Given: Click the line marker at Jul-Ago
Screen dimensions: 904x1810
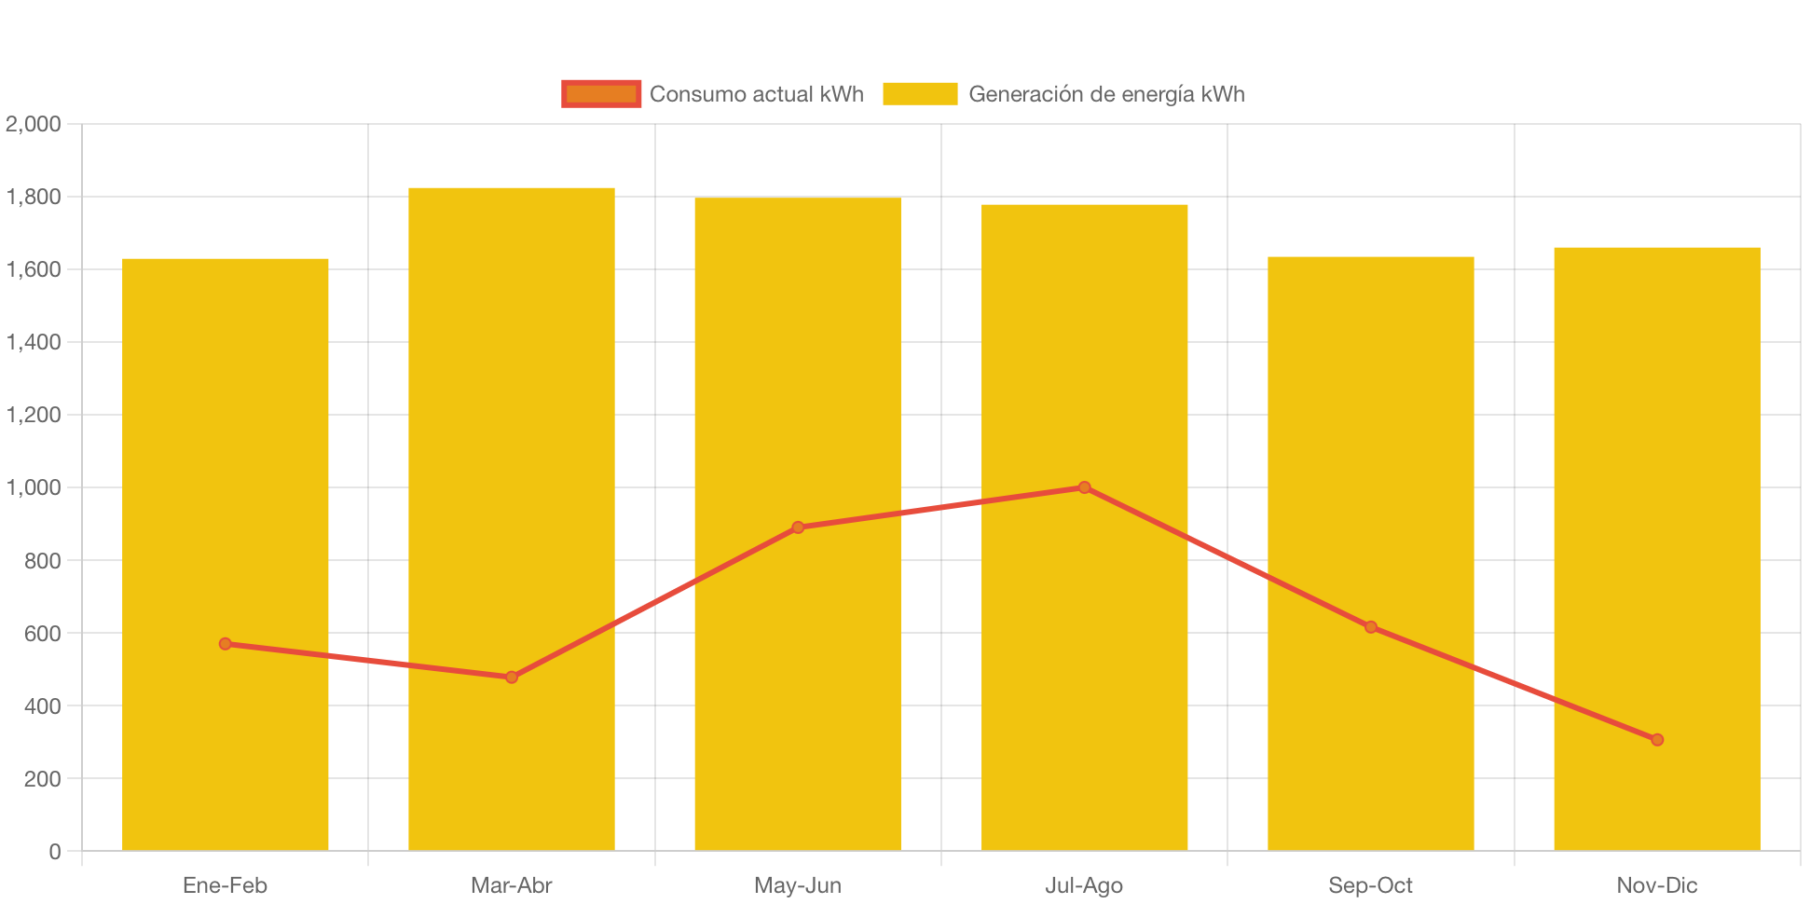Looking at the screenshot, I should point(1084,487).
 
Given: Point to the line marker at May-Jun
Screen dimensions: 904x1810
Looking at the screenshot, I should point(798,527).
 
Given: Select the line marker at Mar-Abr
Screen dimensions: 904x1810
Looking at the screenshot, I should point(511,678).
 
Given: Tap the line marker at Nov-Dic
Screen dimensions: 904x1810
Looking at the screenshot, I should point(1656,740).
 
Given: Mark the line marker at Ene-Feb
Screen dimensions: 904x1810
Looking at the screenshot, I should point(225,644).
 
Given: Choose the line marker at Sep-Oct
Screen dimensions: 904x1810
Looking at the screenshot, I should point(1370,627).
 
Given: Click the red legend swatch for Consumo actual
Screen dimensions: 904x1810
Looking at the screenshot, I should point(601,94).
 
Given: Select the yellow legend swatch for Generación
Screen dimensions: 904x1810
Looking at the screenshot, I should point(919,94).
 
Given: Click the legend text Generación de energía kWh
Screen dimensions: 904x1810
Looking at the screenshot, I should point(1106,94).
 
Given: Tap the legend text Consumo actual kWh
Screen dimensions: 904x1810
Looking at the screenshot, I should point(756,94).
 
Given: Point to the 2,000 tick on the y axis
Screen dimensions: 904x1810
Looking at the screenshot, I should point(34,124).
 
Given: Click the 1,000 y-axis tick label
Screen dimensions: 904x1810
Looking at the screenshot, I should point(34,487).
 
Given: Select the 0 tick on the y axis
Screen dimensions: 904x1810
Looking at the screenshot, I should point(54,852).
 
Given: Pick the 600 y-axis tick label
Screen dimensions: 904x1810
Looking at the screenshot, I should point(42,634).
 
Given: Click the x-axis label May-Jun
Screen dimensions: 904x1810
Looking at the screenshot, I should point(798,885).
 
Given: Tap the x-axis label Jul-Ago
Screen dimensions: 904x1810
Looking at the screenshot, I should point(1084,885).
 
